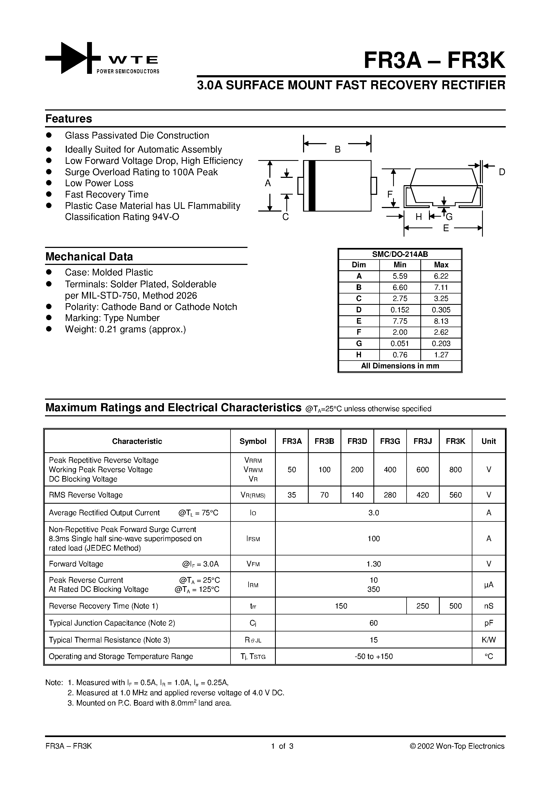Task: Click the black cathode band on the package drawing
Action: click(312, 186)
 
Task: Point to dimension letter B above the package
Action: click(338, 150)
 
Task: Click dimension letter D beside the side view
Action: click(502, 172)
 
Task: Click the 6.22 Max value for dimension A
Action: click(441, 276)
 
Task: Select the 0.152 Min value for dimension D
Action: click(400, 310)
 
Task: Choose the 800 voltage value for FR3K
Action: click(455, 469)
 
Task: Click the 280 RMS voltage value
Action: click(390, 495)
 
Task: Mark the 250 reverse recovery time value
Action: click(422, 606)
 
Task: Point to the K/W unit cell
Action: click(488, 640)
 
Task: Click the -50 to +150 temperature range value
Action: click(373, 656)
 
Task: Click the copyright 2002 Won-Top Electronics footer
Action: click(457, 746)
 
